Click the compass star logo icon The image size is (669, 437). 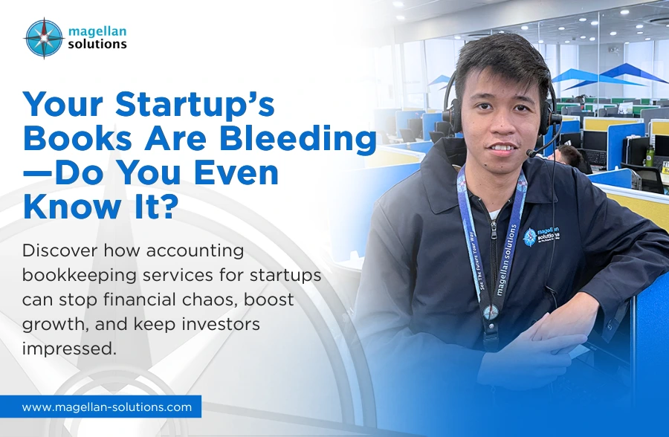[43, 38]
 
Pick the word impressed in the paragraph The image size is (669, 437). [69, 346]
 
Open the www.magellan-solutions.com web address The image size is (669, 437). [107, 407]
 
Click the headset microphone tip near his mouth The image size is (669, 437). [531, 153]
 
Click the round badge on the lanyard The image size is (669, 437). [491, 311]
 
